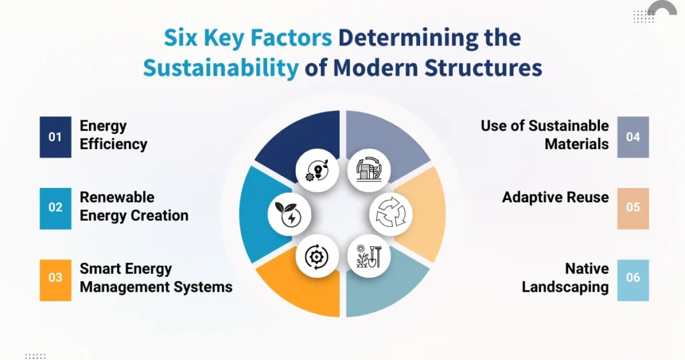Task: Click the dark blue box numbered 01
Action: tap(55, 137)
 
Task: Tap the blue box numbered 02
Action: tap(55, 207)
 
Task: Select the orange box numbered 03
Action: tap(55, 278)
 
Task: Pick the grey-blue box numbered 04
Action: tap(633, 137)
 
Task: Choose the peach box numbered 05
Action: tap(633, 207)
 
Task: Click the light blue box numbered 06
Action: tap(633, 278)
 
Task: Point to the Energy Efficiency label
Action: tap(113, 135)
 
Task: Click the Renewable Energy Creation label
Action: tap(134, 207)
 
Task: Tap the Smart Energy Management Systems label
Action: tap(156, 278)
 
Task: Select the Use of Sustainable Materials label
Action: tap(545, 135)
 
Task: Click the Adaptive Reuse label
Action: tap(555, 197)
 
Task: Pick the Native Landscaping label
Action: tap(565, 278)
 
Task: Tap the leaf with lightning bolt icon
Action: tap(290, 213)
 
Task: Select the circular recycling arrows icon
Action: tap(391, 215)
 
